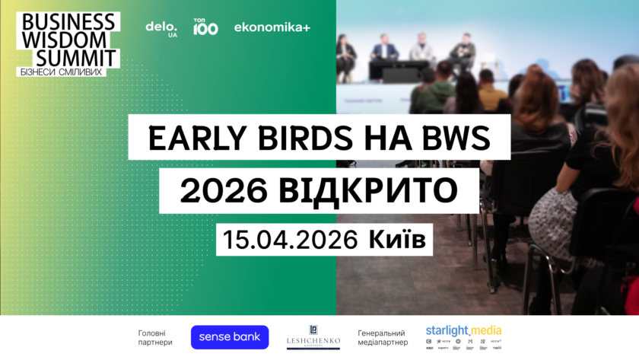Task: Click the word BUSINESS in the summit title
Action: pyautogui.click(x=68, y=21)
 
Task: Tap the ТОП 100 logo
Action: pyautogui.click(x=205, y=27)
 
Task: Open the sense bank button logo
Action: pyautogui.click(x=230, y=336)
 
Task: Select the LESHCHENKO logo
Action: pyautogui.click(x=313, y=336)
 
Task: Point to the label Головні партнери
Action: pyautogui.click(x=155, y=337)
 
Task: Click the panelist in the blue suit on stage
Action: pyautogui.click(x=385, y=51)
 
